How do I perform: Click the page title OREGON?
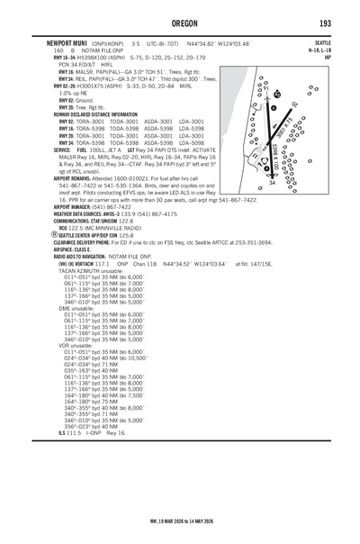pos(180,22)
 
